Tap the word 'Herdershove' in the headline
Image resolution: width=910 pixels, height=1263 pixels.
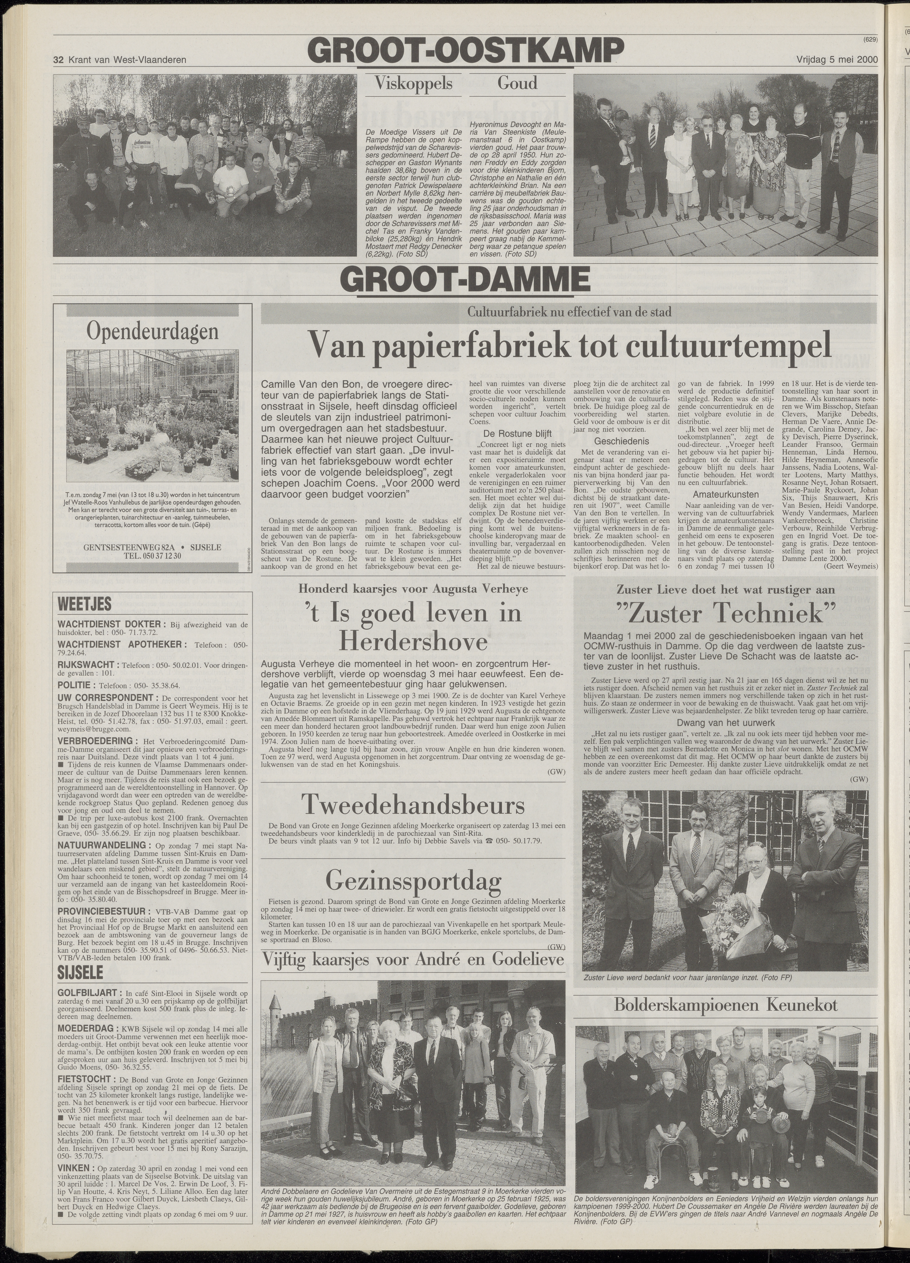coord(413,642)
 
